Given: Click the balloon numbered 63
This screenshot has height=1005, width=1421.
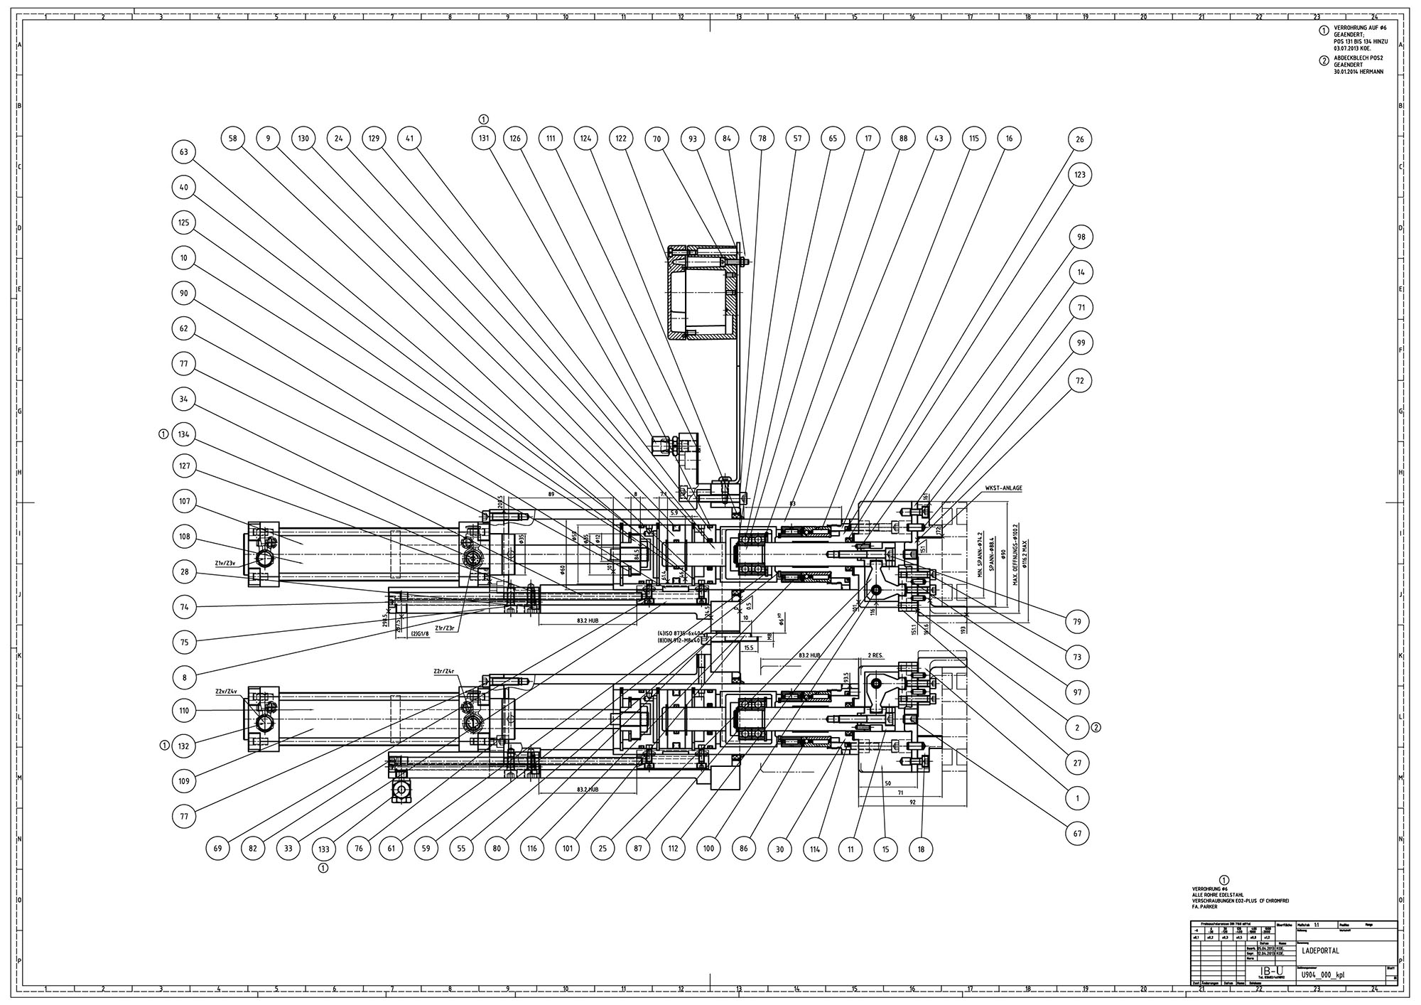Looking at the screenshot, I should [x=184, y=152].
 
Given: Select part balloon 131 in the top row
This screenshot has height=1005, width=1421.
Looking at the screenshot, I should [x=483, y=139].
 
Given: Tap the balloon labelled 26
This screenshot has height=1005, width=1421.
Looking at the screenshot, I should [x=1080, y=140].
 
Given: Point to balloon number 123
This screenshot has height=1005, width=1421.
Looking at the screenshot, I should [x=1080, y=175].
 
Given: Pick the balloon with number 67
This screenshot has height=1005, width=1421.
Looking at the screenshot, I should [x=1078, y=833].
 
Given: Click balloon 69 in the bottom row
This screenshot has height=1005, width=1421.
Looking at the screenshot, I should [x=219, y=849].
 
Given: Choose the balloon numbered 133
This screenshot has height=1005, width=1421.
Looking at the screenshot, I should [x=324, y=849].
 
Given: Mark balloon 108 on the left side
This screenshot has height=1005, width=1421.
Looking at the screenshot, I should [x=184, y=537].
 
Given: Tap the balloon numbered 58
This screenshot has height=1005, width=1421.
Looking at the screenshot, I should [x=233, y=139].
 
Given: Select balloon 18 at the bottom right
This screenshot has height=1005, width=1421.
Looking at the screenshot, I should [x=921, y=849].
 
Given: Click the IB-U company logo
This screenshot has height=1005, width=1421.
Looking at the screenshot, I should [x=1266, y=972].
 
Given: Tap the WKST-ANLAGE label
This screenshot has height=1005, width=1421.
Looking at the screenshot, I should [x=1003, y=489].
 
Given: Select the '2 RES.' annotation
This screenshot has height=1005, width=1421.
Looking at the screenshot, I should [x=875, y=655].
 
